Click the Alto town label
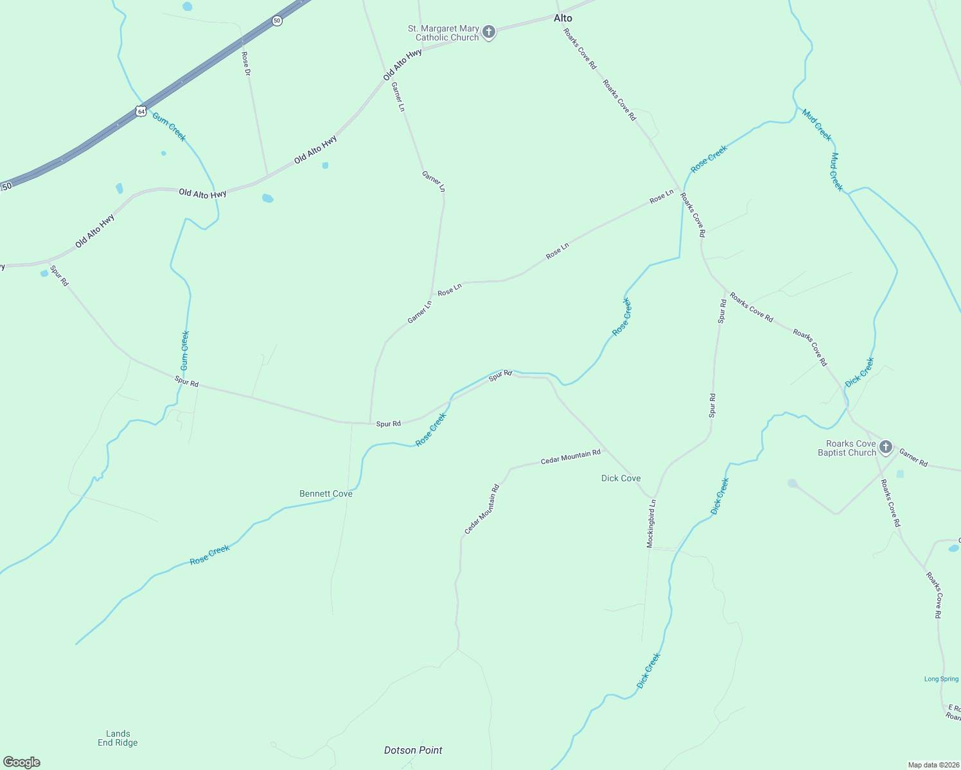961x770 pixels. click(x=563, y=18)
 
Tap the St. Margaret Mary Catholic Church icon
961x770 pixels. click(x=489, y=32)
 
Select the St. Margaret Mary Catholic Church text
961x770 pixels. click(x=443, y=33)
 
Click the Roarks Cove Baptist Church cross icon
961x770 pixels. click(x=886, y=447)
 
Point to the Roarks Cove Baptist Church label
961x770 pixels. click(x=847, y=448)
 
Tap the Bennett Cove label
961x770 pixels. click(x=326, y=493)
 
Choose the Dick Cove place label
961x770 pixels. click(x=621, y=478)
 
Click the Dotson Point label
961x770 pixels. click(x=413, y=750)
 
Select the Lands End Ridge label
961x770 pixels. click(x=118, y=738)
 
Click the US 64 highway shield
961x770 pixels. click(x=141, y=111)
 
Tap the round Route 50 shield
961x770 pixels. click(x=277, y=21)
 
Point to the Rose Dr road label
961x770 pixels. click(x=246, y=64)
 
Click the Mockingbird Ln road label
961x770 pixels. click(x=651, y=523)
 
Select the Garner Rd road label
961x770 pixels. click(x=913, y=458)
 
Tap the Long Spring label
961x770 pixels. click(x=941, y=679)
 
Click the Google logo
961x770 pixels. click(x=22, y=762)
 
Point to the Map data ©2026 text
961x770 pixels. click(x=932, y=765)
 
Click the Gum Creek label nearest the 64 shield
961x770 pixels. click(x=169, y=126)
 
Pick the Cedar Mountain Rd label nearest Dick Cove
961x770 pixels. click(x=570, y=456)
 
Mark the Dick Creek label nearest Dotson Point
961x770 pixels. click(x=648, y=671)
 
